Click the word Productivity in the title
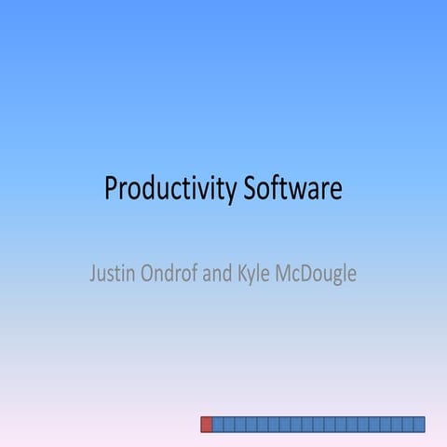point(170,189)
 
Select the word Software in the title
point(293,189)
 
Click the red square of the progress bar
point(207,424)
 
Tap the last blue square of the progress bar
point(419,424)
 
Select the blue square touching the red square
point(218,424)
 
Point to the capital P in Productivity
point(111,189)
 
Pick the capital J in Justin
point(92,275)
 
